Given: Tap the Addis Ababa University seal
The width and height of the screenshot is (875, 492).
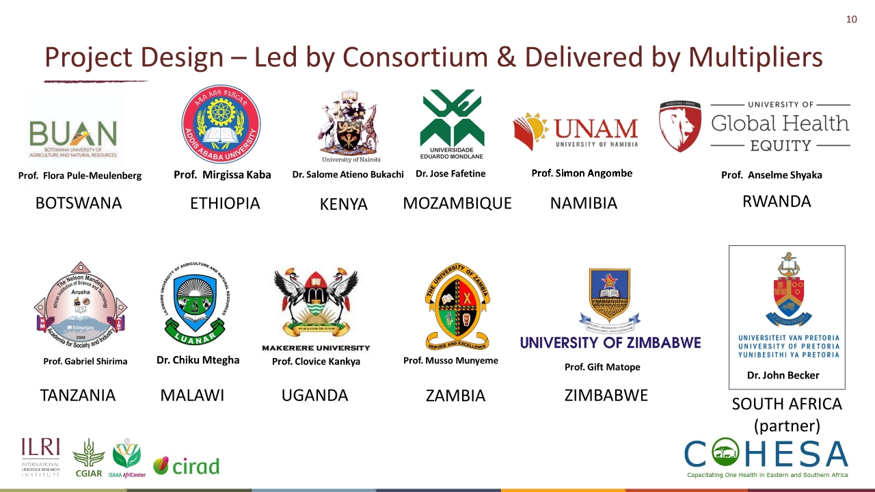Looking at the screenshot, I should pos(221,124).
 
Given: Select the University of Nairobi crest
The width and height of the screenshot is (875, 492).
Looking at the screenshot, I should pos(348,126).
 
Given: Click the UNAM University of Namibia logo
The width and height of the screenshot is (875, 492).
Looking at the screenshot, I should pos(576,131).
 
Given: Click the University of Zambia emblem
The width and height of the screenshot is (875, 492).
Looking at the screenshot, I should pos(457,307).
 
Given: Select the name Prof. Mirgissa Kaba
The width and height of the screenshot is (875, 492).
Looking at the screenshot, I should pos(222,175).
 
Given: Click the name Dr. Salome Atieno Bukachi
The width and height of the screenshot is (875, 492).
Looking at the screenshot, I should pos(348,174).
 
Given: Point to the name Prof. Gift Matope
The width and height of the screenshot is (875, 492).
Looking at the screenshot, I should pos(602,367).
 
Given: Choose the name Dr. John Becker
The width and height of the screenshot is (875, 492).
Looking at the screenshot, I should pos(783,375).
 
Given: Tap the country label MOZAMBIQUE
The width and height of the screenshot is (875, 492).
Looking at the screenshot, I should pos(457,204).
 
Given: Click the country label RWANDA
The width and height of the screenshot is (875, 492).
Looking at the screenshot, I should pos(777,202).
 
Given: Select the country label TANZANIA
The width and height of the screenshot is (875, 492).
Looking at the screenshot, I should pos(78,396).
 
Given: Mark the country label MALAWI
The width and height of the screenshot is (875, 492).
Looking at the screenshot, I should pos(192,396).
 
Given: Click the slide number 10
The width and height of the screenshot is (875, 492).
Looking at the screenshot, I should pos(851,19).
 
